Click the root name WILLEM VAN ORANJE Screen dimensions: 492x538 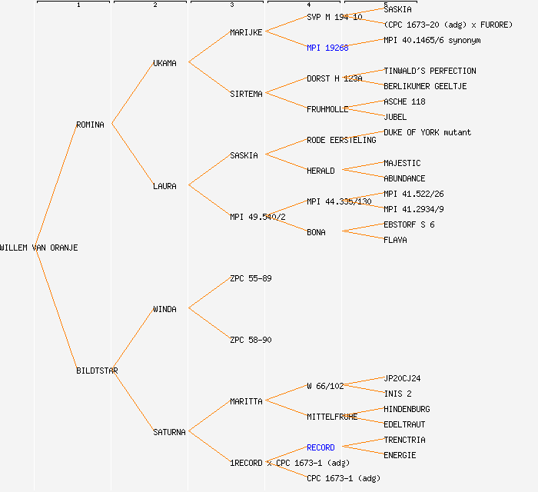pos(38,248)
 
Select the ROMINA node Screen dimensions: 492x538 pos(90,125)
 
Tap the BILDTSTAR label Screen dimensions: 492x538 pos(97,371)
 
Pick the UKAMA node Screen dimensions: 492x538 pos(164,63)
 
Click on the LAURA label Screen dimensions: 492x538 pos(164,186)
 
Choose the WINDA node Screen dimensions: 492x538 pos(164,309)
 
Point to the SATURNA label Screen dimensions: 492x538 pos(169,432)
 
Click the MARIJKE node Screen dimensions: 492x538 pos(246,32)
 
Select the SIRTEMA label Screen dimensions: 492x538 pos(246,94)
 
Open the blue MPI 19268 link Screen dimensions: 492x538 pos(327,48)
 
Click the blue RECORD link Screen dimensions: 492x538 pos(320,447)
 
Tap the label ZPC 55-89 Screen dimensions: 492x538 pos(251,278)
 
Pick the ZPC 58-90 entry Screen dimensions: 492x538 pos(251,340)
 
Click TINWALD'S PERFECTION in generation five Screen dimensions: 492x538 pos(430,71)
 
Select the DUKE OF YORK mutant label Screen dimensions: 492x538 pos(427,132)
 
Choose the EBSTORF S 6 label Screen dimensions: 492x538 pos(409,224)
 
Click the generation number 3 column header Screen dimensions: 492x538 pos(231,5)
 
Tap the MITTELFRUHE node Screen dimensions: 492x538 pos(332,417)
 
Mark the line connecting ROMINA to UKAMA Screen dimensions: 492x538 pos(132,94)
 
